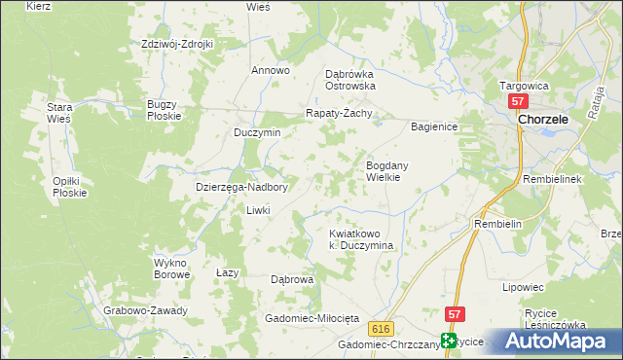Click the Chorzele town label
tap(549, 119)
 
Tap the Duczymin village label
tap(257, 132)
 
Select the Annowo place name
tap(271, 70)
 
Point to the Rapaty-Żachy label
tap(341, 112)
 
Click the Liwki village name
tap(257, 210)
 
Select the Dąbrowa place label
tap(292, 279)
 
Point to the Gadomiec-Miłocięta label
tap(311, 319)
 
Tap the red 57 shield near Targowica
tap(518, 101)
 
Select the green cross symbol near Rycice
tap(448, 341)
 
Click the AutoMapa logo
tap(550, 342)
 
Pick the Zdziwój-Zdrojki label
tap(177, 44)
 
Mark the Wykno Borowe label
tap(171, 269)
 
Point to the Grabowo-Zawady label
tap(145, 311)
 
